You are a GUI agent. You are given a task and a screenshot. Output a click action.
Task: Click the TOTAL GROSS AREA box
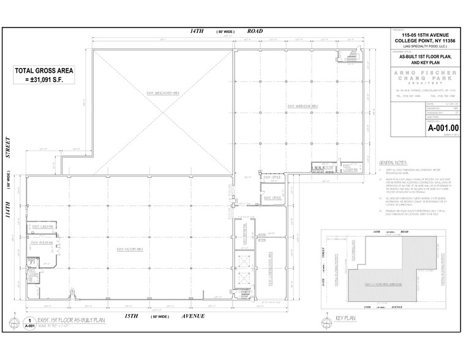pos(44,78)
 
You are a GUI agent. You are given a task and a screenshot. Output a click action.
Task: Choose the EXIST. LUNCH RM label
pos(41,227)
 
